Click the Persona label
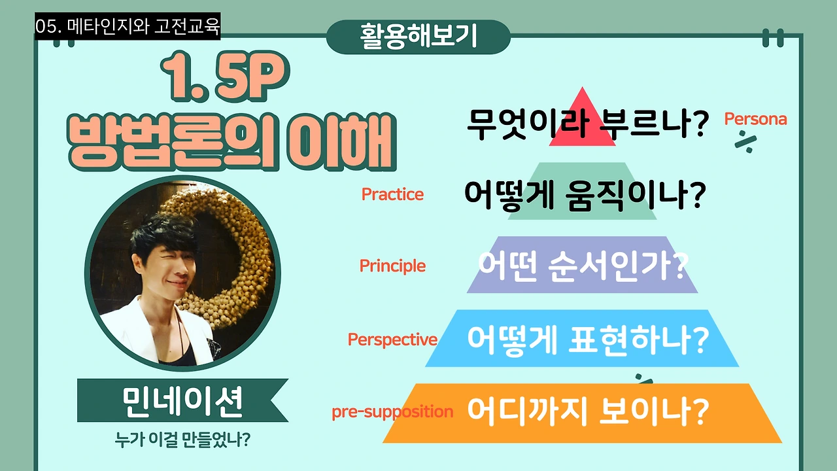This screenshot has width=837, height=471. coord(755,119)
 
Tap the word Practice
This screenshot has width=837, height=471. coord(392,194)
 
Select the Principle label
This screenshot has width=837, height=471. coord(392,266)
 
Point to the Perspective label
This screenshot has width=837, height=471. coord(392,340)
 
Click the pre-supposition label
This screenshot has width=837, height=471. coord(392,412)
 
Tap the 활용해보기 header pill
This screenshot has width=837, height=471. coord(418,37)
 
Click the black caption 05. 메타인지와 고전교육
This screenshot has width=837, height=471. coord(128,26)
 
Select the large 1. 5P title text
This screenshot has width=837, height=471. coord(225,77)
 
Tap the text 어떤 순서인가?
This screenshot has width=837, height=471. coord(583,266)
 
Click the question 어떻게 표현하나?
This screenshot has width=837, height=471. coord(587,340)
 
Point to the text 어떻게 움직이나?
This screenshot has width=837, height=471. coord(585,195)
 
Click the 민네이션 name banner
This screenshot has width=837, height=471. coord(182,400)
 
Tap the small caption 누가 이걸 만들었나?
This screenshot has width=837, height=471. coord(182,440)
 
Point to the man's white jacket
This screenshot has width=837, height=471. coord(157,333)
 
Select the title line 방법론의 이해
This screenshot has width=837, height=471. coord(231,142)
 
